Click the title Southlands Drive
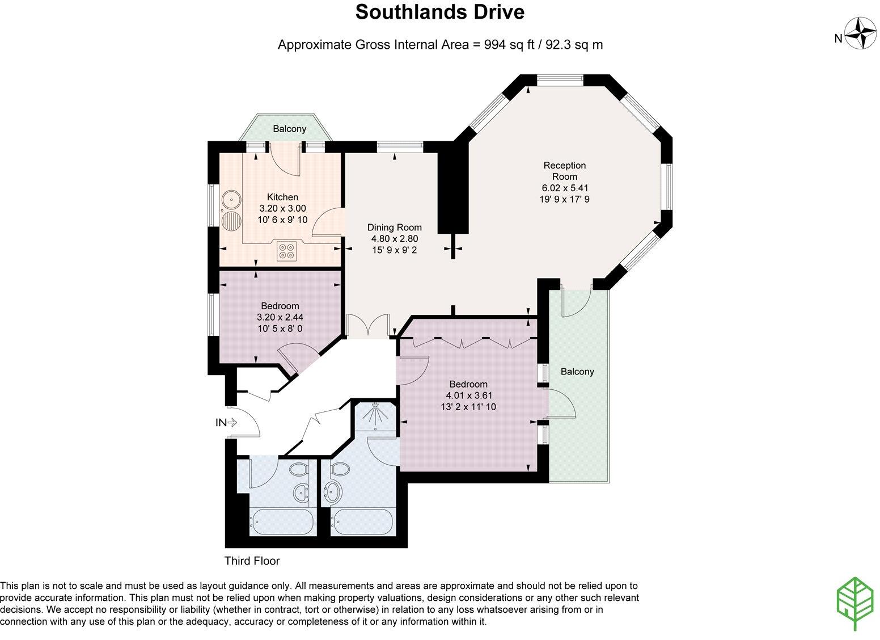[x=439, y=12]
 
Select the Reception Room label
[x=564, y=171]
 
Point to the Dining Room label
[x=394, y=228]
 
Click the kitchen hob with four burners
[x=287, y=251]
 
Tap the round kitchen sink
[x=230, y=199]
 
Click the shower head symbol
[x=374, y=415]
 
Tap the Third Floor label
[x=252, y=561]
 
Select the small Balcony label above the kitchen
[x=289, y=129]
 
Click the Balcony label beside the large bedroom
[x=577, y=372]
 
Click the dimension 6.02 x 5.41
[x=564, y=188]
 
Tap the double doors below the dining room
[x=369, y=327]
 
